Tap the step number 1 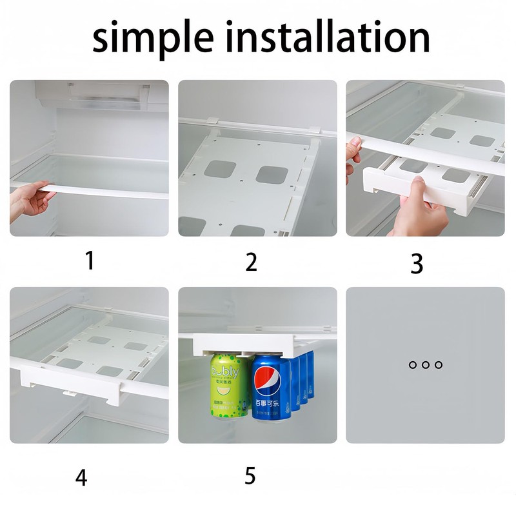tap(90, 261)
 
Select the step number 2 tap(252, 261)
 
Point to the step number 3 tap(417, 263)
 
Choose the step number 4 tap(81, 477)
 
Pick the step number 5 tap(250, 475)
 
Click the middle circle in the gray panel tap(426, 365)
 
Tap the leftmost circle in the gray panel tap(413, 365)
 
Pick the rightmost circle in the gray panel tap(439, 365)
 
